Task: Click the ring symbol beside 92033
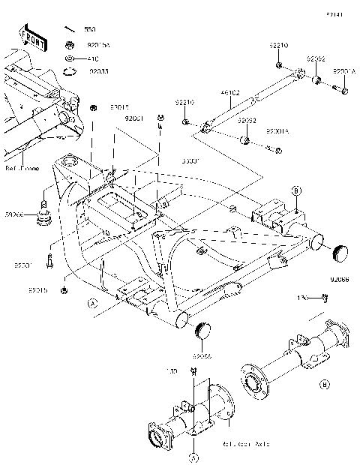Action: (x=70, y=71)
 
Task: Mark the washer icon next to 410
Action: (x=70, y=58)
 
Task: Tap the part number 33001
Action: (x=191, y=160)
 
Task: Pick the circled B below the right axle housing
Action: (x=324, y=385)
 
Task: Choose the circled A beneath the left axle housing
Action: (x=193, y=457)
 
